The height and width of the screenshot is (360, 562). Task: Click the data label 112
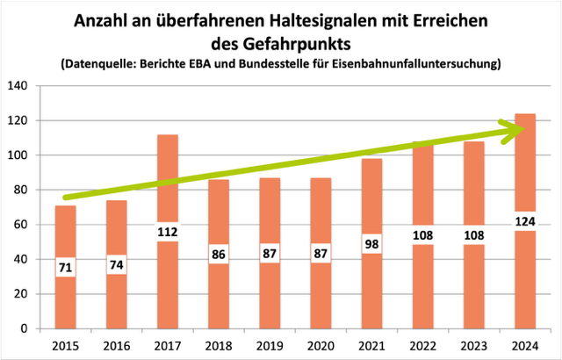166,233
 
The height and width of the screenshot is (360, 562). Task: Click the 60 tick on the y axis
20,225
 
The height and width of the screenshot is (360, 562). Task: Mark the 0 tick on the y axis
25,329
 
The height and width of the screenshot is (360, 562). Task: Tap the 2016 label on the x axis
116,344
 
